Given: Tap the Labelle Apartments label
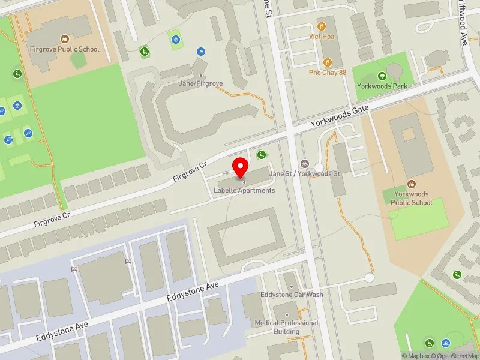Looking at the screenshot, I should tap(244, 191).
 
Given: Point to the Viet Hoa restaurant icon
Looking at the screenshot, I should tap(322, 26).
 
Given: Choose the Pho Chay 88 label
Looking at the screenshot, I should tap(328, 73).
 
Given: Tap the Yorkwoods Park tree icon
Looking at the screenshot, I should tap(382, 76).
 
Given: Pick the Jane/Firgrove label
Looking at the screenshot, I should tap(201, 83).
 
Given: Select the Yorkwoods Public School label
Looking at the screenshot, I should tap(412, 198).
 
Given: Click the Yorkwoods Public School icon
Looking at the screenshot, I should tap(412, 184).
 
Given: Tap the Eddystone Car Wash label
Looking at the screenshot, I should tap(292, 295).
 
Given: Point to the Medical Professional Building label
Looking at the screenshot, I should tap(286, 327).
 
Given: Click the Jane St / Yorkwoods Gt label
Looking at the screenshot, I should tap(305, 173).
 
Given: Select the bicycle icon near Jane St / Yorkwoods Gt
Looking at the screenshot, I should tap(305, 164).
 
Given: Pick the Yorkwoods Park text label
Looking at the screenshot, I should tap(382, 86).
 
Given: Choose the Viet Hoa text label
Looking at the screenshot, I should tap(322, 36).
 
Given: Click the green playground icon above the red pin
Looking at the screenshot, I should tap(262, 155).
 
